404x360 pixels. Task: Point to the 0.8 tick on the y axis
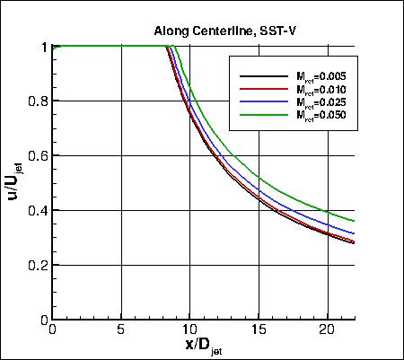(36, 101)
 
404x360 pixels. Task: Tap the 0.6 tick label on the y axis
(36, 156)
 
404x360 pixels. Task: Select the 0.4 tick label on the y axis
(36, 211)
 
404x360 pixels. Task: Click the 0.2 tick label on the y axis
(36, 266)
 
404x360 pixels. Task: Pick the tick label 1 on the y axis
(42, 47)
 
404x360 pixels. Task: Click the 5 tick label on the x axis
(120, 330)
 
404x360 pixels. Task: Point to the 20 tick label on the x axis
(327, 330)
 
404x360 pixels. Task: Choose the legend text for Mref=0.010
(311, 90)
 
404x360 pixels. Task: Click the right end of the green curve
(355, 221)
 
